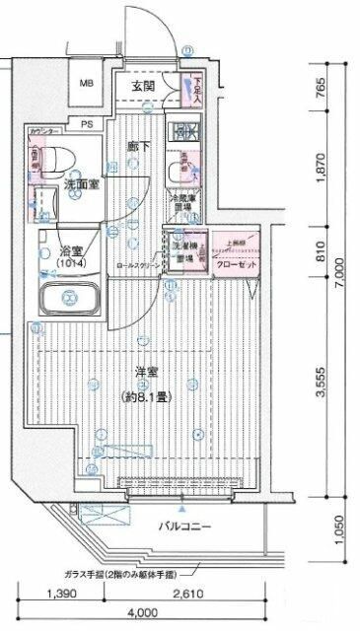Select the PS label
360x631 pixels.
pyautogui.click(x=87, y=123)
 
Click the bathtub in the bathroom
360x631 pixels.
pyautogui.click(x=67, y=297)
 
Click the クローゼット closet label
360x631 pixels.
pyautogui.click(x=236, y=264)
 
